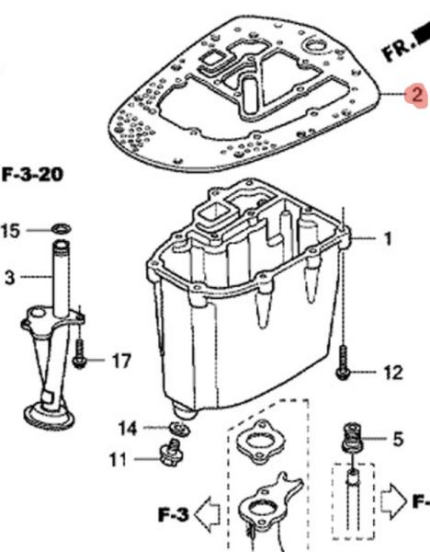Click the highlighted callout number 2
[x=416, y=95]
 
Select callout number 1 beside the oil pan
[x=388, y=238]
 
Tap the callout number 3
[x=10, y=278]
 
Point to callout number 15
[x=10, y=231]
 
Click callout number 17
[x=121, y=361]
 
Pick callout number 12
[x=392, y=373]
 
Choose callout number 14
[x=128, y=429]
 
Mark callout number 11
[x=118, y=459]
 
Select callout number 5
[x=398, y=440]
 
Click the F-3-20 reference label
[x=33, y=174]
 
